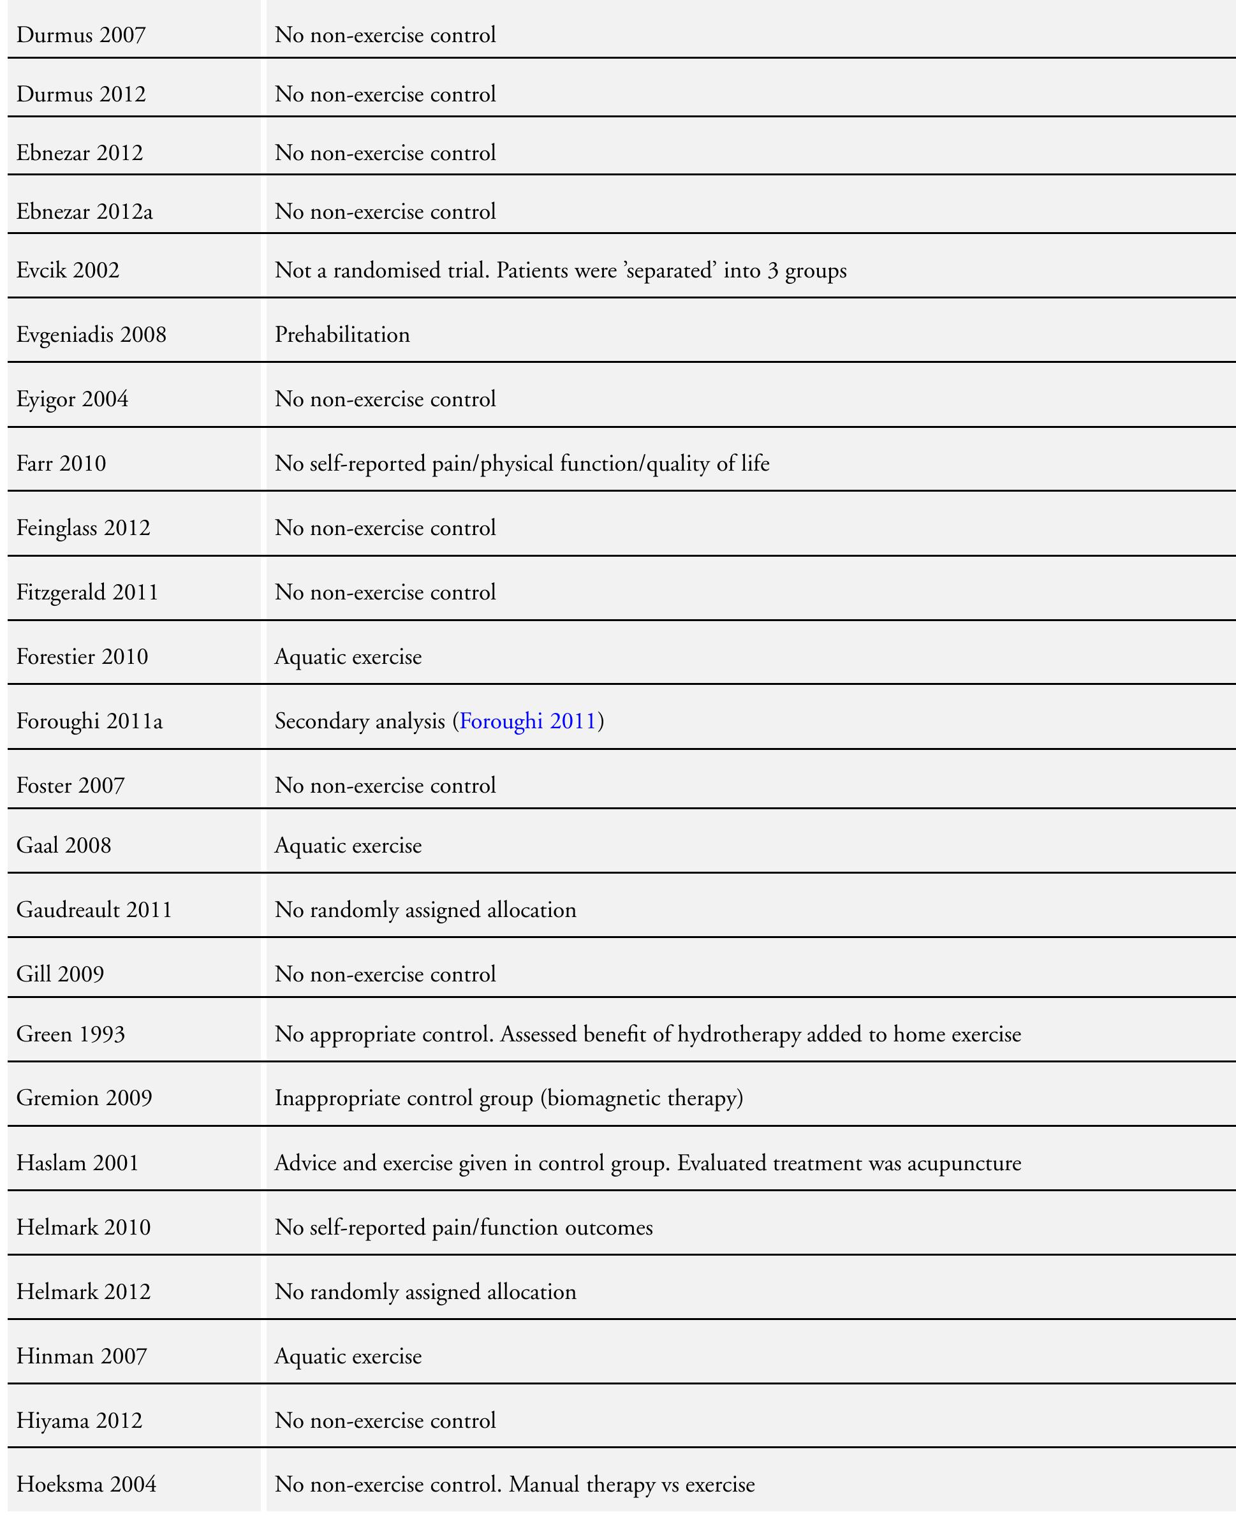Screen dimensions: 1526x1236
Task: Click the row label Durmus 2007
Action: point(80,35)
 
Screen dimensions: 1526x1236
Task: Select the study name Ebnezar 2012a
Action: point(84,211)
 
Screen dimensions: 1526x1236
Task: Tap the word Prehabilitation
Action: point(342,335)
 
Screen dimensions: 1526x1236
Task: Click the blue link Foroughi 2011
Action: point(527,721)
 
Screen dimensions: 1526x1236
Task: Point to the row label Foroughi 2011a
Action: point(89,721)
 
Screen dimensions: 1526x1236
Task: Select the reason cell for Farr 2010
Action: point(521,464)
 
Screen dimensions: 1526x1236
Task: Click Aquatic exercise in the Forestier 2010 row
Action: point(348,656)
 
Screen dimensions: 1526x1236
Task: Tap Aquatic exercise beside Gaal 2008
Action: point(348,845)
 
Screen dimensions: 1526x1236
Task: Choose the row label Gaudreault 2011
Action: point(94,909)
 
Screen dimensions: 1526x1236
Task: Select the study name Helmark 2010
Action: point(84,1227)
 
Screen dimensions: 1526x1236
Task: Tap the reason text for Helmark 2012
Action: point(425,1292)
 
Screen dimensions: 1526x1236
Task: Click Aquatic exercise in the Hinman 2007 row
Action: point(348,1356)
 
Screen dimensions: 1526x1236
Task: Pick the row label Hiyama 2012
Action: point(79,1420)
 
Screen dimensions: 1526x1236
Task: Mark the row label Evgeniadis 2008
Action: point(91,335)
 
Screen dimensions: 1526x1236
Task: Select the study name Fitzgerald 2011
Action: point(87,592)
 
